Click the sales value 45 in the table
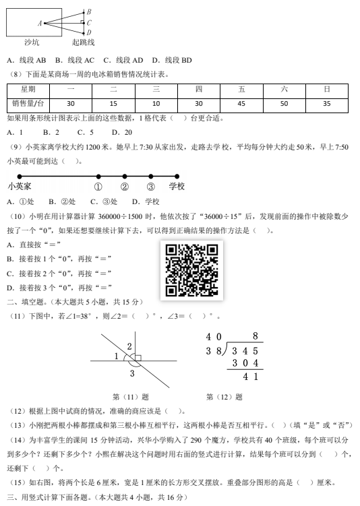point(241,103)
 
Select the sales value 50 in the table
point(284,103)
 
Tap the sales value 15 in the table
point(113,103)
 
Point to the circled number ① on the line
point(98,187)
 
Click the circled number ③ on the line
point(150,187)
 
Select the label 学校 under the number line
point(177,187)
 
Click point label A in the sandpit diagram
point(40,23)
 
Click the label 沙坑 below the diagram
point(32,42)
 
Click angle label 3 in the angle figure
point(131,373)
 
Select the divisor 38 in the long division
point(214,350)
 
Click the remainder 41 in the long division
point(251,377)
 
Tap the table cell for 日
point(327,89)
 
